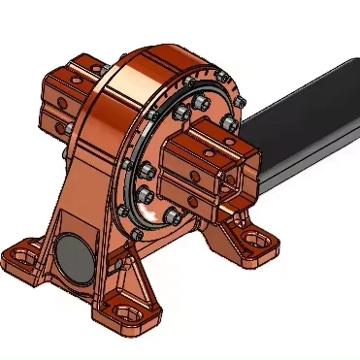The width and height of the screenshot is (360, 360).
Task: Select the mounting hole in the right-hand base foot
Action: [x=254, y=237]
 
